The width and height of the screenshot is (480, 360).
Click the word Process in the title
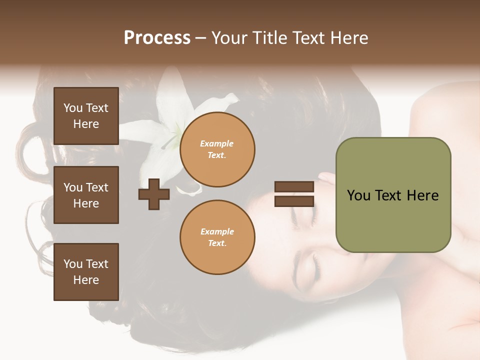click(157, 38)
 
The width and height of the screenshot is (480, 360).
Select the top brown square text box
click(86, 116)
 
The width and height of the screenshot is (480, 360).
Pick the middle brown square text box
click(86, 195)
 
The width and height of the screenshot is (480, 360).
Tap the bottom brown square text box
click(86, 272)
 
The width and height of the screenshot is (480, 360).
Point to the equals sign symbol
click(294, 194)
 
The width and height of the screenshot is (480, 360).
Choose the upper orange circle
click(217, 149)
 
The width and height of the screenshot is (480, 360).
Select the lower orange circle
click(217, 237)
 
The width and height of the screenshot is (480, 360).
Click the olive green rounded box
click(393, 195)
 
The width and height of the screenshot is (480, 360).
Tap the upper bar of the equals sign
click(294, 187)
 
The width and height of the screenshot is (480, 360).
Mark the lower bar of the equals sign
click(294, 201)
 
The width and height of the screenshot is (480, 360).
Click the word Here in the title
click(349, 38)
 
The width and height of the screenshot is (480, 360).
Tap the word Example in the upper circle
click(216, 144)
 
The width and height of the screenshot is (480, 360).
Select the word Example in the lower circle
click(216, 232)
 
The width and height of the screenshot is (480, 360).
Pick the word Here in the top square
click(86, 124)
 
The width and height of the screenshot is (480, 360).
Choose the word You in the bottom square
click(73, 264)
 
